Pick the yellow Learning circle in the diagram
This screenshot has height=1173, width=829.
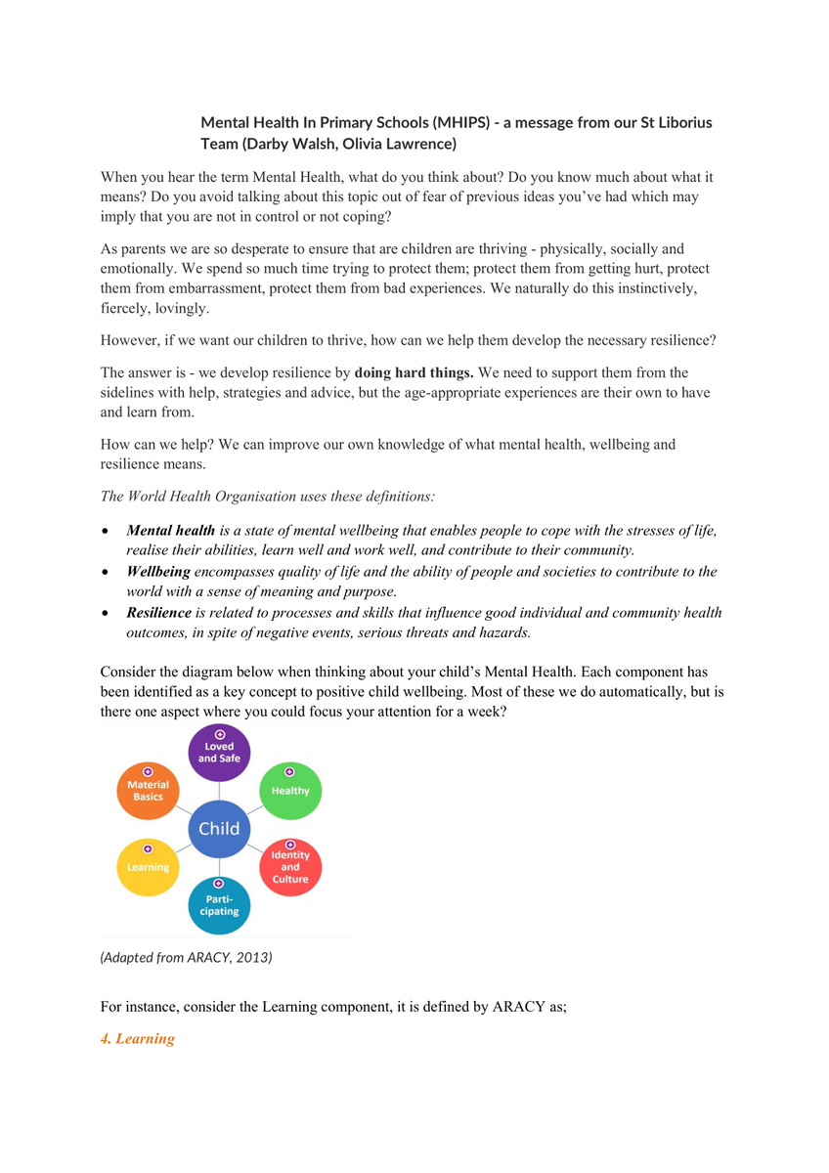coord(148,866)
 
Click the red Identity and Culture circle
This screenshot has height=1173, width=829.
coord(290,865)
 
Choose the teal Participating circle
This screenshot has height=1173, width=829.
coord(219,904)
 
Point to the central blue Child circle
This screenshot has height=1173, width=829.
coord(219,829)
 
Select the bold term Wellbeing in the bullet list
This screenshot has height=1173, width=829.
coord(158,572)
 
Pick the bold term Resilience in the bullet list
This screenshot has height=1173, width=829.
coord(159,613)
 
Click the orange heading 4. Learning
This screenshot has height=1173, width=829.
coord(138,1038)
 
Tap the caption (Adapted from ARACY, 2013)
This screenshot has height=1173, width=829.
coord(186,957)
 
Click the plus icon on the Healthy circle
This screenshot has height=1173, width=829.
coord(289,772)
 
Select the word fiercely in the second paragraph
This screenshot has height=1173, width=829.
coord(126,308)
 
